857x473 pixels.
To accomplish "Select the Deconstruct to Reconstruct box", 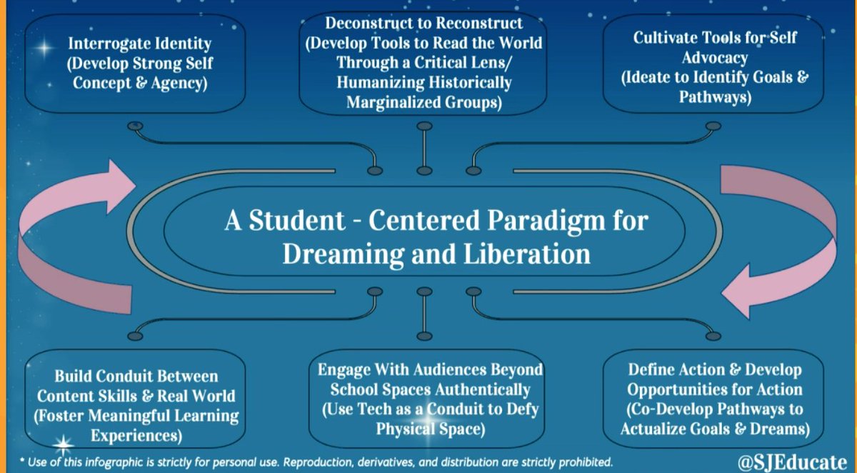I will point(424,64).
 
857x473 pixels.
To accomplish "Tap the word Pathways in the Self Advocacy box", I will point(714,97).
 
